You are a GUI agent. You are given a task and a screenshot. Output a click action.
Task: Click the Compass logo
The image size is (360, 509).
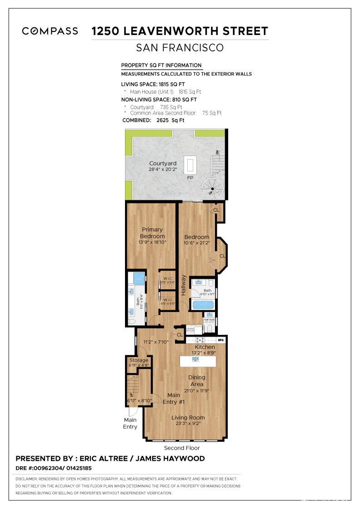50,31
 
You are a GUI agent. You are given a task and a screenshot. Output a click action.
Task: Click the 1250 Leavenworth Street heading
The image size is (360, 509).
180,31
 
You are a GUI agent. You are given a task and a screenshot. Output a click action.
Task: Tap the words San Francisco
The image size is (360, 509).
180,48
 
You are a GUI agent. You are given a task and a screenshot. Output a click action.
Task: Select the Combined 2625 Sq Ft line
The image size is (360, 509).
153,120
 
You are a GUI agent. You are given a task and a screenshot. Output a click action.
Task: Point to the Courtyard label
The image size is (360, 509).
163,164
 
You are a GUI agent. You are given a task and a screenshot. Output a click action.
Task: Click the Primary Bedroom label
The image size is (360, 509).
152,233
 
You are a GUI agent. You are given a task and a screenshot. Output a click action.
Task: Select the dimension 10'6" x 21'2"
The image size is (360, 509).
197,243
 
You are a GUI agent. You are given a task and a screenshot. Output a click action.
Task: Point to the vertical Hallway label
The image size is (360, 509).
184,285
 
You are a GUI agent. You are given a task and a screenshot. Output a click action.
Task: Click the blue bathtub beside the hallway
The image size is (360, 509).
203,304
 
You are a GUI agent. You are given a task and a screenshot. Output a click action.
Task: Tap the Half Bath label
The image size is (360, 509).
209,320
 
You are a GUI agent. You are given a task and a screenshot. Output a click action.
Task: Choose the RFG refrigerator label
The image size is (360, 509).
221,339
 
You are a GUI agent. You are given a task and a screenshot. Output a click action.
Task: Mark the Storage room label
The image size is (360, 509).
139,360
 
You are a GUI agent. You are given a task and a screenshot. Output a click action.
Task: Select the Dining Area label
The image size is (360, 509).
197,380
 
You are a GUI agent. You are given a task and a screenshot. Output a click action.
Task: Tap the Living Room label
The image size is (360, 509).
188,418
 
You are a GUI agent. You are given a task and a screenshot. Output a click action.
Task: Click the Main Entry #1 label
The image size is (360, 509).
174,398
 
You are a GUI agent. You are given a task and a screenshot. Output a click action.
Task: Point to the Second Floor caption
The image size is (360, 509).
182,448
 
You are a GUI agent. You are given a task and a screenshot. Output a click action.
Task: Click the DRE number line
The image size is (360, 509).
54,468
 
